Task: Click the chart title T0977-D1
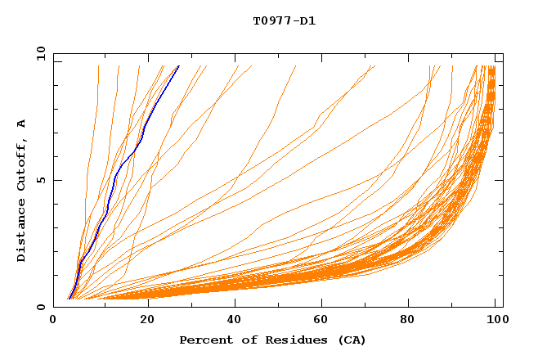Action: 284,21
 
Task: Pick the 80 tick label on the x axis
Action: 409,320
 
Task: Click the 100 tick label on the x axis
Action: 495,320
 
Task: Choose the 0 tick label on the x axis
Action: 53,320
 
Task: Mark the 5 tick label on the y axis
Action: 40,180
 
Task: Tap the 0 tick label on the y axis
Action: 40,307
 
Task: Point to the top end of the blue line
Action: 179,65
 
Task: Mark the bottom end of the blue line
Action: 69,299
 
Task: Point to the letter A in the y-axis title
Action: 21,124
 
